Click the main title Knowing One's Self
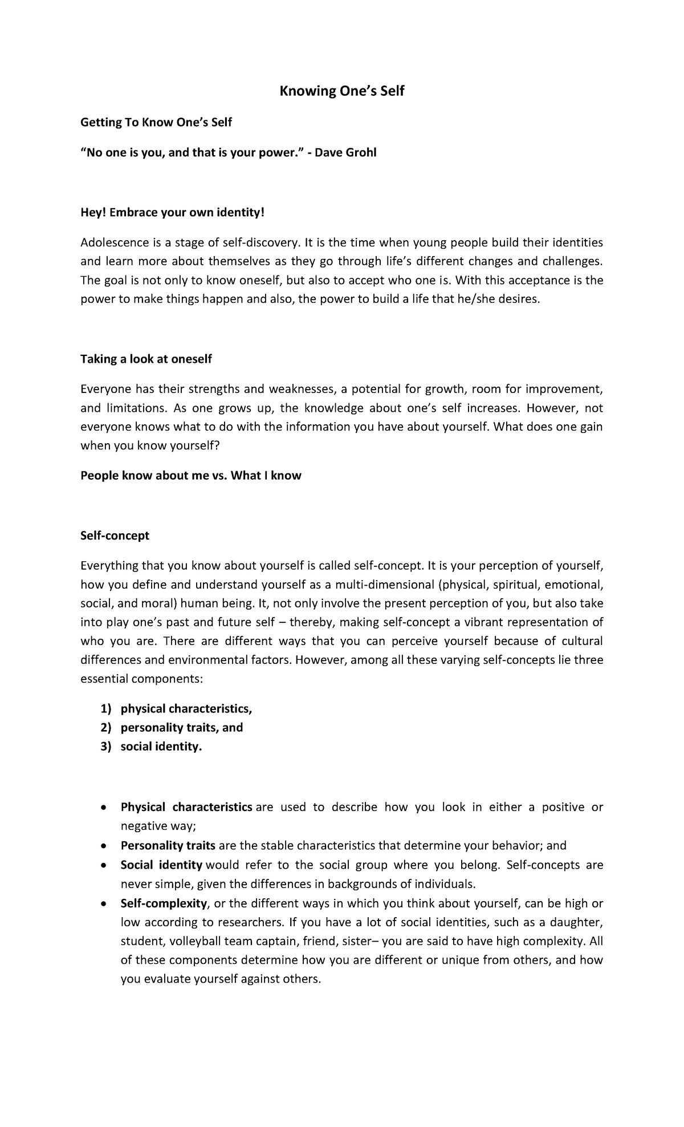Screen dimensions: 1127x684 tap(341, 91)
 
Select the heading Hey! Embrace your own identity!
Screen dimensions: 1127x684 tap(173, 213)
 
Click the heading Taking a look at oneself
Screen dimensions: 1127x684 tap(146, 359)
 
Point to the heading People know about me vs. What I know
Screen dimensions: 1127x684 tap(190, 476)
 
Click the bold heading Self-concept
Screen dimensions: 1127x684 tap(115, 535)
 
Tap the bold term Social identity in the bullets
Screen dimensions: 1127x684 tap(161, 865)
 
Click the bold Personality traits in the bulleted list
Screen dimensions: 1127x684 tap(168, 845)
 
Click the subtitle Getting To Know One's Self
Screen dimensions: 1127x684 tap(156, 122)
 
